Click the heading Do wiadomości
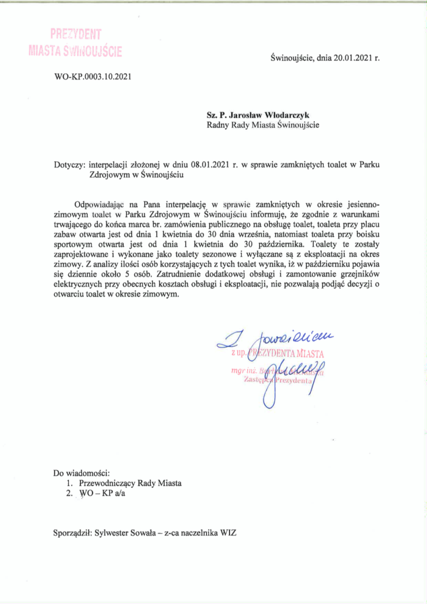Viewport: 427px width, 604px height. click(x=81, y=473)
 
